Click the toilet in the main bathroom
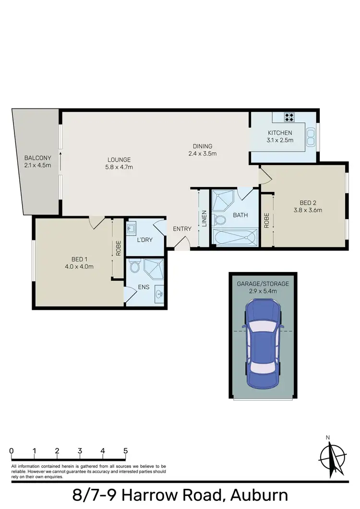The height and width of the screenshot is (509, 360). click(220, 220)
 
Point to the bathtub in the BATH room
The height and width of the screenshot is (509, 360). click(235, 238)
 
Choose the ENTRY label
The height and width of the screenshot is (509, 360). click(182, 229)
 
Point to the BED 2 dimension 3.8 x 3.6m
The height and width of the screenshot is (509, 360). click(307, 210)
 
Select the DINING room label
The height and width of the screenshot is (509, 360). click(202, 146)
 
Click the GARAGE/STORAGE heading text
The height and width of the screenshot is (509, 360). click(263, 284)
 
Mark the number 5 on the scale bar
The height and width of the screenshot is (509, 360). click(126, 451)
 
